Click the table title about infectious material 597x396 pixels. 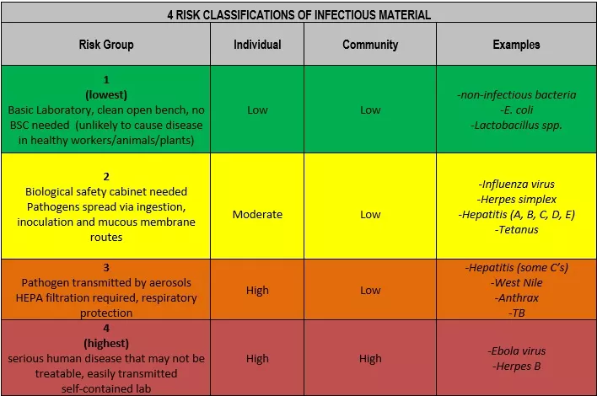[x=298, y=15]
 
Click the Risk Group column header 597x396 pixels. [x=106, y=45]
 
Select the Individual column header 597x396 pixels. [x=257, y=45]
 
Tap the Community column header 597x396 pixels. [x=370, y=45]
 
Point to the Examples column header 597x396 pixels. [x=516, y=45]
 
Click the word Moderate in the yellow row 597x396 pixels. [x=257, y=215]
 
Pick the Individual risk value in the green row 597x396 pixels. [x=257, y=110]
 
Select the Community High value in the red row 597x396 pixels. [x=370, y=358]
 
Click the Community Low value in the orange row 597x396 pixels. [x=370, y=290]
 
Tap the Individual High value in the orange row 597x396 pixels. [x=257, y=290]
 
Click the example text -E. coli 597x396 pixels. [x=517, y=110]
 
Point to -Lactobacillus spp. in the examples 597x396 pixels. [x=517, y=126]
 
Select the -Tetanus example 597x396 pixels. [x=517, y=230]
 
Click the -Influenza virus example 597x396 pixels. [x=517, y=185]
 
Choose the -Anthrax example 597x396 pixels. [x=517, y=298]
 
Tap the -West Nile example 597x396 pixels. [x=517, y=282]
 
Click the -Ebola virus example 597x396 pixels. [x=517, y=351]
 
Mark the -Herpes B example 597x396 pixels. [x=517, y=366]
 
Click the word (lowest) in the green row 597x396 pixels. [x=106, y=94]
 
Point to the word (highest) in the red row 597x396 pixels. [x=106, y=343]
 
